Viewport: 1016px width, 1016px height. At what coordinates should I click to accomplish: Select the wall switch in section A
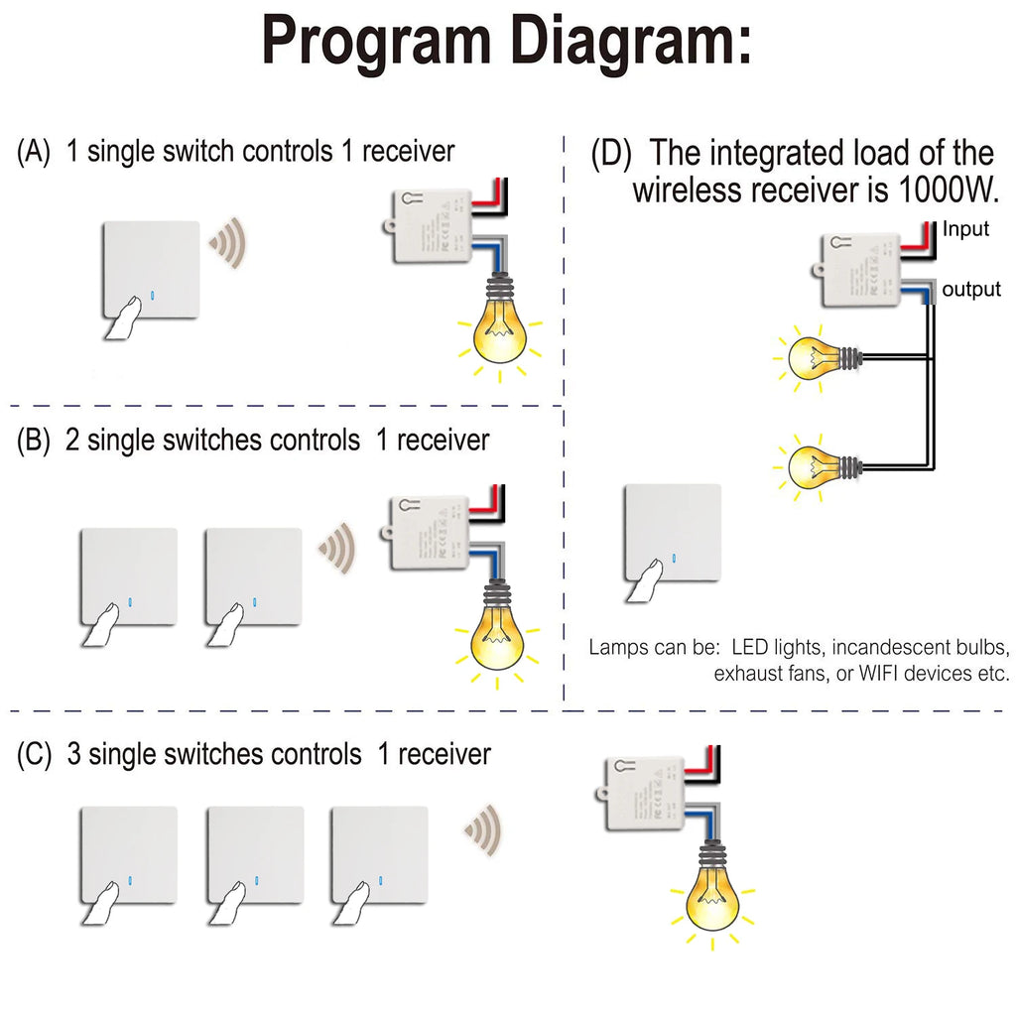pos(150,270)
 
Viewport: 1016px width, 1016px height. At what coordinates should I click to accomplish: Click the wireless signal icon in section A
pos(228,242)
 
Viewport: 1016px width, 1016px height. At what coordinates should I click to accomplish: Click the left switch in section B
pos(129,576)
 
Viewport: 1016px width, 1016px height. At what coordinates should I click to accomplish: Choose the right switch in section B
pos(252,576)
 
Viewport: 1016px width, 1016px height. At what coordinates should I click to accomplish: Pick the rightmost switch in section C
pos(379,855)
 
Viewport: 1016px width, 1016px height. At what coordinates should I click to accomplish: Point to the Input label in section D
pos(965,230)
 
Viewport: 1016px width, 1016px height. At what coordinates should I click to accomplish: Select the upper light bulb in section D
pos(815,358)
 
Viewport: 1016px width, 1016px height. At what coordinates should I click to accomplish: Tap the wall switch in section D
pos(673,533)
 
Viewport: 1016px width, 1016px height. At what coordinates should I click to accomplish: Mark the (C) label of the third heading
pos(35,754)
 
